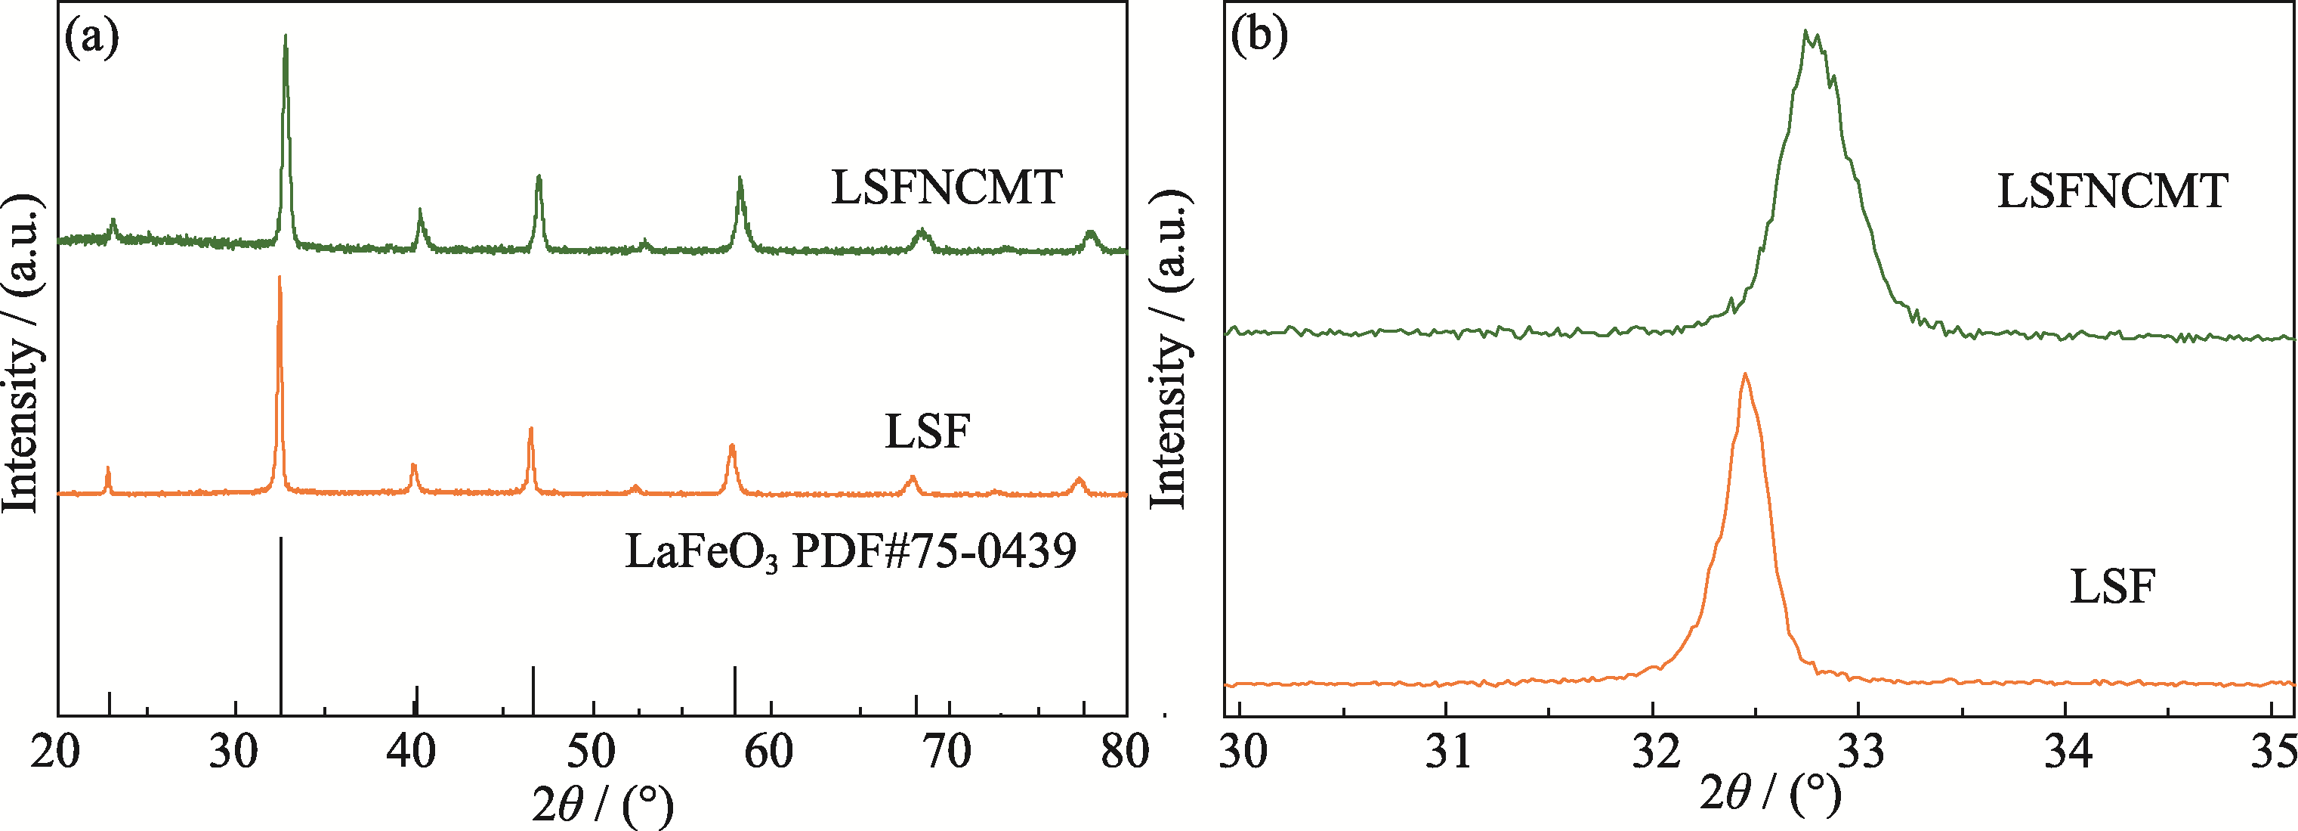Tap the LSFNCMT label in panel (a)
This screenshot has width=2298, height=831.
947,188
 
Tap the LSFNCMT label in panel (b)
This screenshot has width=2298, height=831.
2112,191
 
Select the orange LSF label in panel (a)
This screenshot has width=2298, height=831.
927,431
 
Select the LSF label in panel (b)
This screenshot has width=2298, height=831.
2112,587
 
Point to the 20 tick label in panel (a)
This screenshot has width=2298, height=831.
55,752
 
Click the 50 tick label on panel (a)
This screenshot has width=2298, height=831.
591,752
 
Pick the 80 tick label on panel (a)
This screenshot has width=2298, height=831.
1125,752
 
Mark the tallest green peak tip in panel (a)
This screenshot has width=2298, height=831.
286,36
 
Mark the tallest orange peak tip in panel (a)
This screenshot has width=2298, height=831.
280,277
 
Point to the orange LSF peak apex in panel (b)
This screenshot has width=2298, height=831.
1745,374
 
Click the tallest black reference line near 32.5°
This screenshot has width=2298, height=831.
281,625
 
